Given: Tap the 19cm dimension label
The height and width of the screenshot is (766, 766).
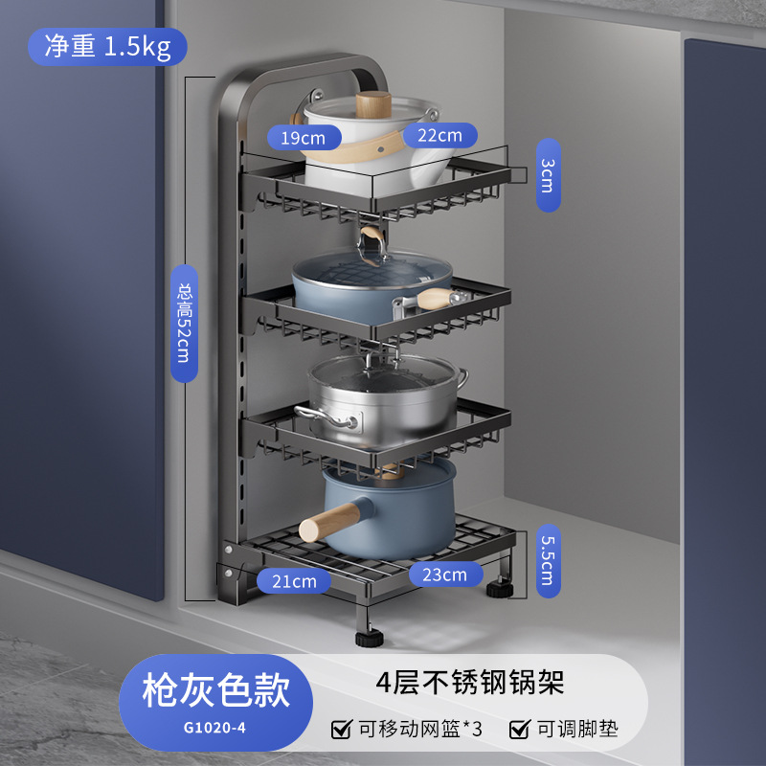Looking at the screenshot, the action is coord(304,138).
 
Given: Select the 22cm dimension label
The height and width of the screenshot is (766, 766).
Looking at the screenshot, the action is coord(439,135).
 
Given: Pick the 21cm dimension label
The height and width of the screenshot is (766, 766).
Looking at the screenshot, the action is coord(292,580).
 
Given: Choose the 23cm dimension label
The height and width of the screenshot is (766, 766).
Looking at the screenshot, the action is coord(446,574).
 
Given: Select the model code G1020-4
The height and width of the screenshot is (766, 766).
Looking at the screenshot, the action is coord(214,727).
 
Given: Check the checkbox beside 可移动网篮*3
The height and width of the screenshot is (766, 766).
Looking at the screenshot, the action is coord(340,730).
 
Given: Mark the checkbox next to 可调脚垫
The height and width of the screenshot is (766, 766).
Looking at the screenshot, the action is coord(519,730).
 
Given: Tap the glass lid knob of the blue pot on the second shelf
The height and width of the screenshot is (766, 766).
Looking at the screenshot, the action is coord(372,251).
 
